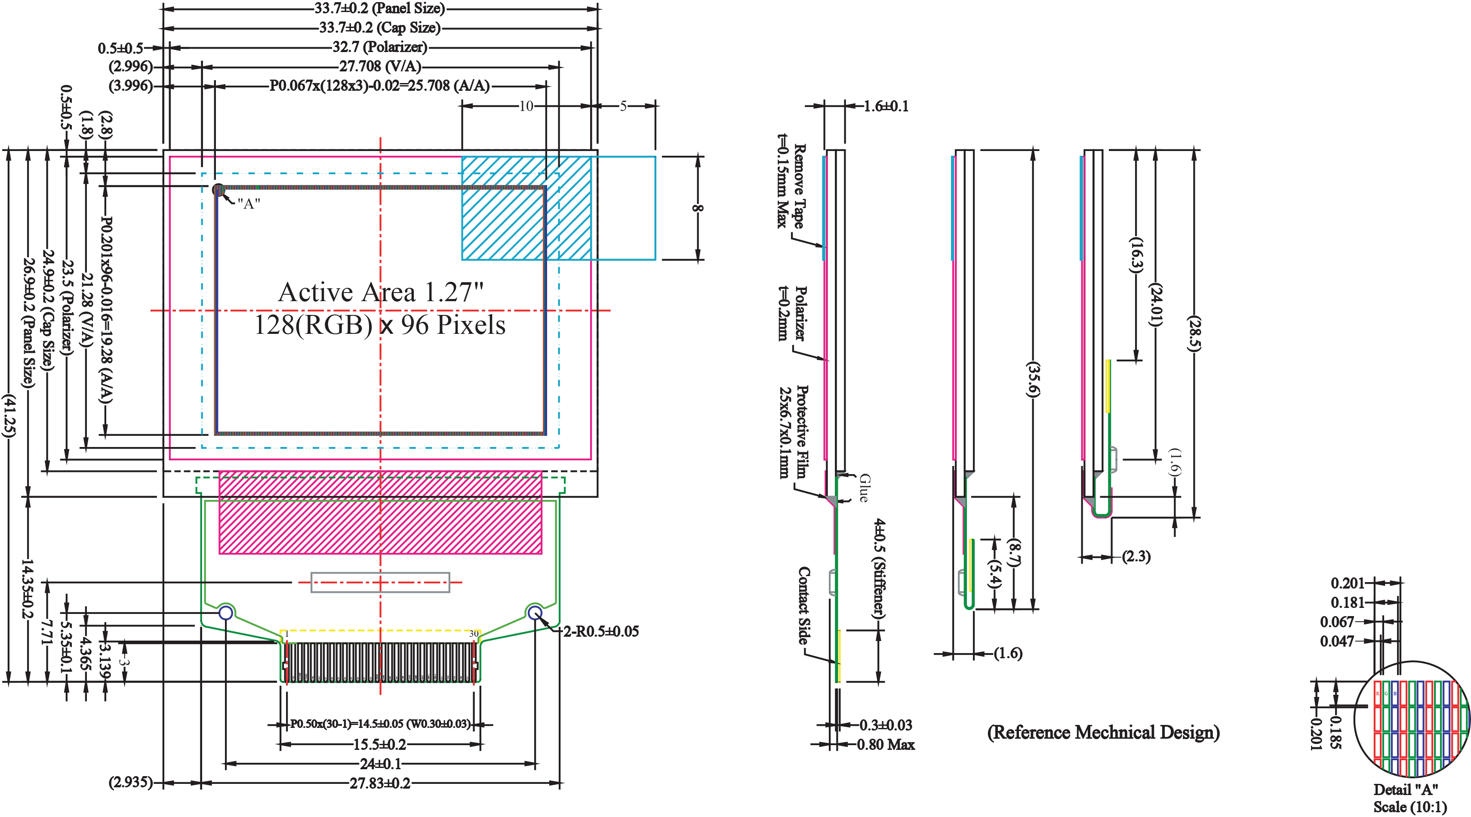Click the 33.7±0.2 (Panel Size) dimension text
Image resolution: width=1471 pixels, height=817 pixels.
coord(379,9)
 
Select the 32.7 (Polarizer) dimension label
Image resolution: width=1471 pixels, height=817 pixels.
coord(379,47)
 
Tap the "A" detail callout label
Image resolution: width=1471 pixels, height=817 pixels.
coord(249,204)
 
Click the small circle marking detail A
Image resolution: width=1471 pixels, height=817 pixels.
coord(218,190)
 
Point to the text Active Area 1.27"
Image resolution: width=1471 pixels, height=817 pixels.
coord(380,293)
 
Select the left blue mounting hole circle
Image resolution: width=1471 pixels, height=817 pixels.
coord(226,613)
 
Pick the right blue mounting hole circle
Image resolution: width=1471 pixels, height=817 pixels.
coord(535,613)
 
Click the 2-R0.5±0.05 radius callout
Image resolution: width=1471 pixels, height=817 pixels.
coord(601,631)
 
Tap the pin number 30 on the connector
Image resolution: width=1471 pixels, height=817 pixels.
coord(474,634)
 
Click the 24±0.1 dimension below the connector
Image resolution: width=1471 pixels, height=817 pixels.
coord(380,764)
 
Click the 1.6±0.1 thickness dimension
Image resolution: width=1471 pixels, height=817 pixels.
coord(885,106)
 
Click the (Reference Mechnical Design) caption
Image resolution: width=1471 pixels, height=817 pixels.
coord(1103,732)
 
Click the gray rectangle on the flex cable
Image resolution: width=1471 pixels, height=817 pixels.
coord(380,582)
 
